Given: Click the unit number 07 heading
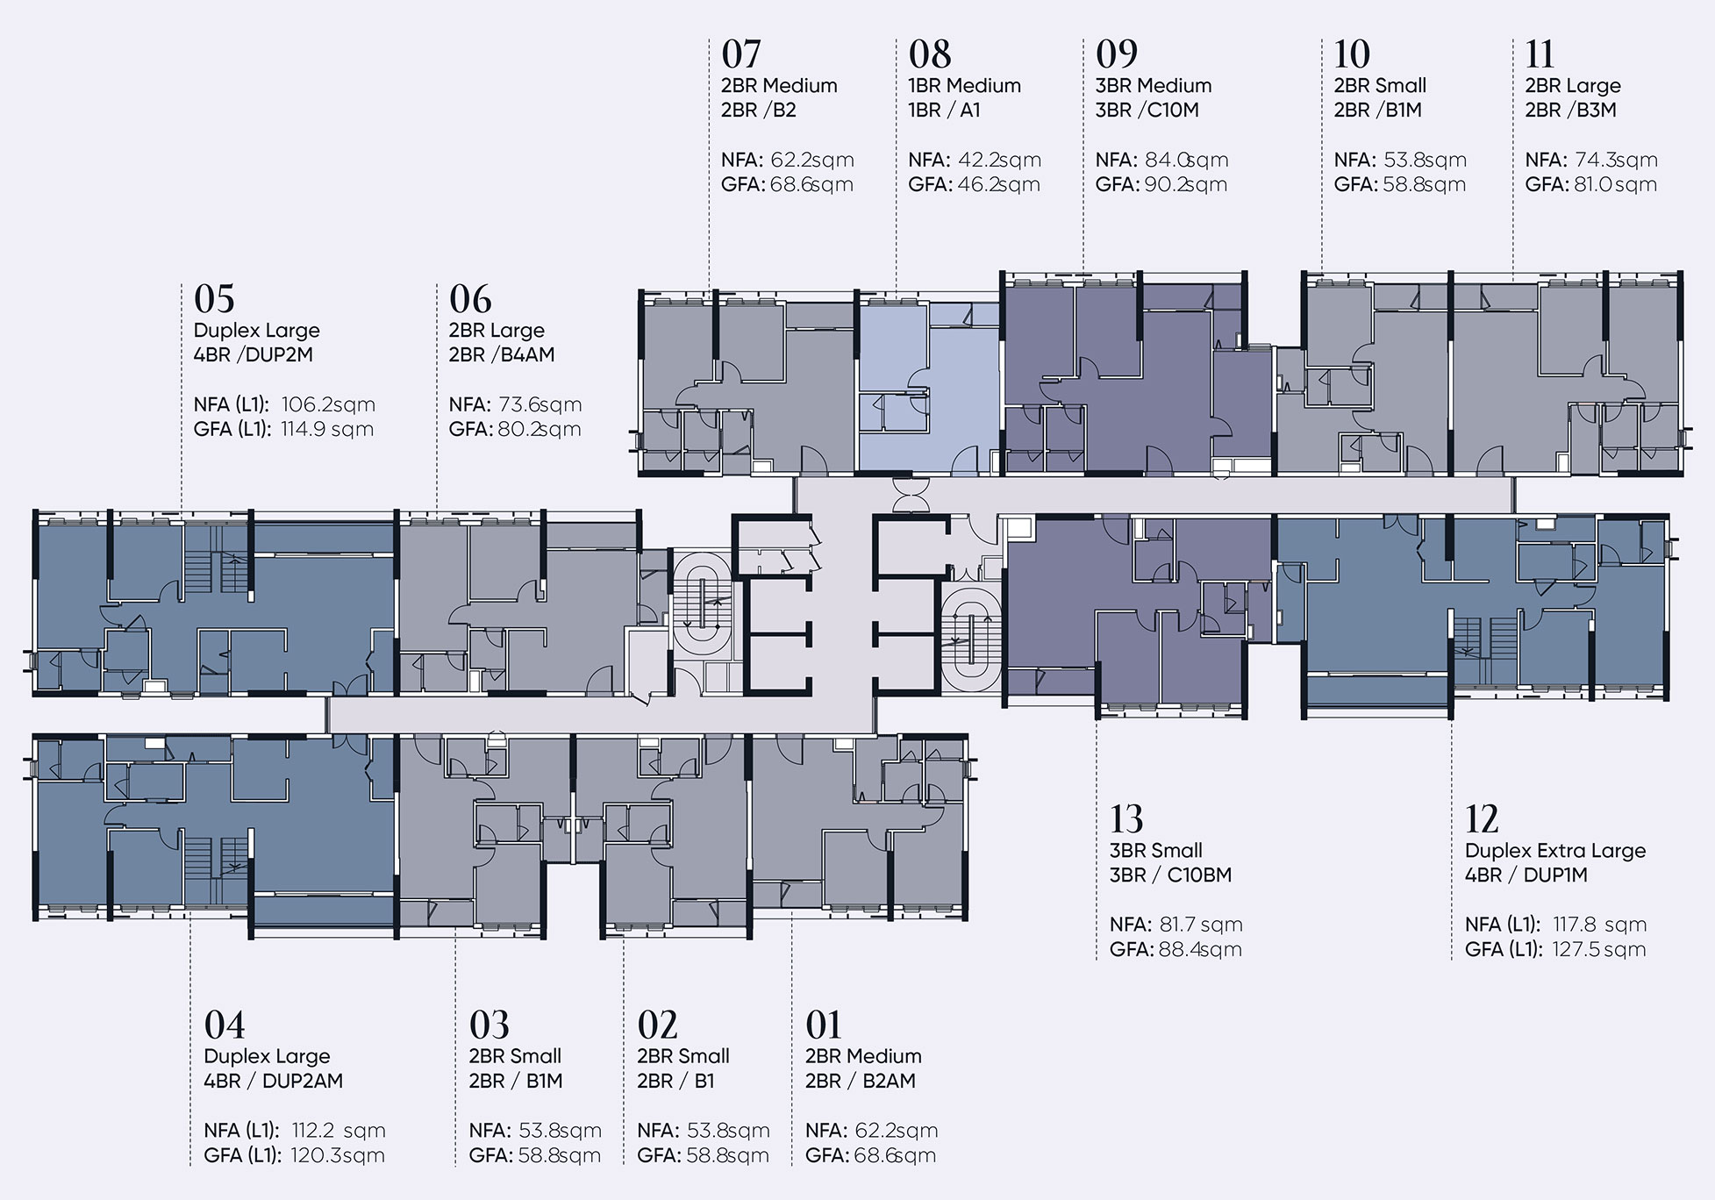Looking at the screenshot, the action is coord(741,54).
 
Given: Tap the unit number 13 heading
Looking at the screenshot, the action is coord(1126,819).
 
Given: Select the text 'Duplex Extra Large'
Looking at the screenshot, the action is coord(1555,850).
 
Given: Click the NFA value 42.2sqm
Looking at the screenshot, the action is coord(1000,160).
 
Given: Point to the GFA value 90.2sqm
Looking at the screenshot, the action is coord(1186,184).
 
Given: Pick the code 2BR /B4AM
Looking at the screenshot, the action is coord(502,354).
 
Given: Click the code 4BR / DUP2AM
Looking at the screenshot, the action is coord(274,1081).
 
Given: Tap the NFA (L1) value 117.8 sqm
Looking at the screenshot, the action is coord(1599,925).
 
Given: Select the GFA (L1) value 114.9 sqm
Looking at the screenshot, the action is coord(327,429).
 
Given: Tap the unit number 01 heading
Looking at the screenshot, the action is coord(824,1025).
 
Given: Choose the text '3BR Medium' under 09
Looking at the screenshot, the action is coord(1154,85).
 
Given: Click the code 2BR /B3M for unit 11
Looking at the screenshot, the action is coord(1571,110).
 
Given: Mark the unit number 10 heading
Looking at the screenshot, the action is coord(1352,54).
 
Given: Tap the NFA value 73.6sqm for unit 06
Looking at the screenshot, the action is coord(540,404).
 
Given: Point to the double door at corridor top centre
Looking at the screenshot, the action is coord(912,494).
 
